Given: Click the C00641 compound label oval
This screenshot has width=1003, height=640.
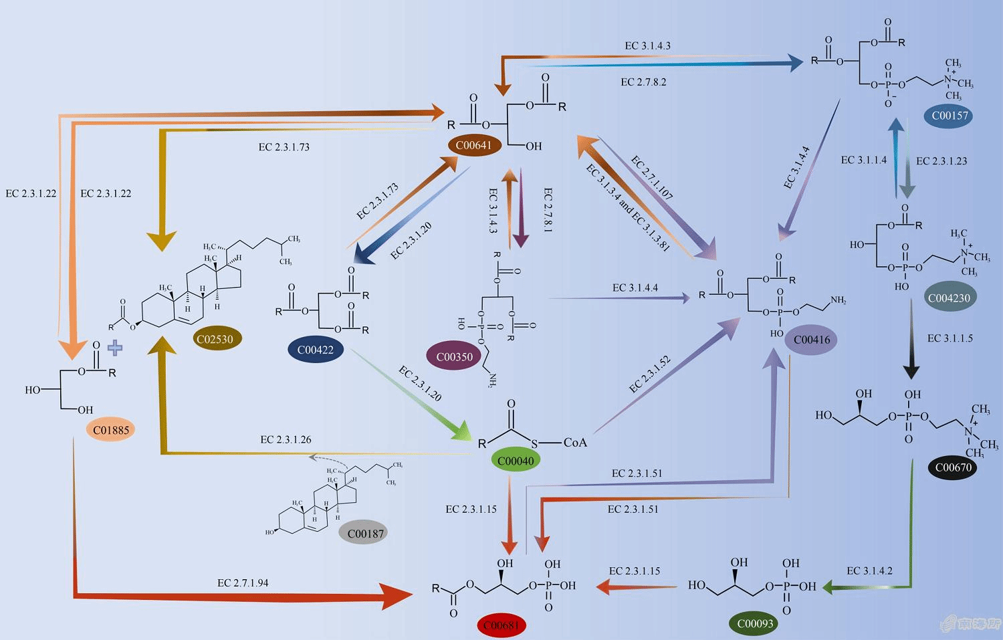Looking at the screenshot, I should (473, 145).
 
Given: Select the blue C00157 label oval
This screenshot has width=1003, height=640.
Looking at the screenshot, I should (950, 116).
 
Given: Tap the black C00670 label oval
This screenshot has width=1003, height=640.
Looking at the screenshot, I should (953, 467).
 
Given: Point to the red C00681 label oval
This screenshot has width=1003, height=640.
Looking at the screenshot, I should (501, 625).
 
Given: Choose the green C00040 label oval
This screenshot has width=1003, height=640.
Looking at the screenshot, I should (516, 461).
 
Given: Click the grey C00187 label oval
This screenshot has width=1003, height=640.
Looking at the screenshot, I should (366, 534).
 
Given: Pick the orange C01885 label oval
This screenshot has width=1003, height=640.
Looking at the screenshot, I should (111, 430).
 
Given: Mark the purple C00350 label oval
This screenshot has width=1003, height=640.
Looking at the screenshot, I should (454, 356).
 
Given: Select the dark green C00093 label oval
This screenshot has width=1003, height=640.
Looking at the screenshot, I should (755, 623).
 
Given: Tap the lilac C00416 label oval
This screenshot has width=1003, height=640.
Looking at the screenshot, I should (811, 340).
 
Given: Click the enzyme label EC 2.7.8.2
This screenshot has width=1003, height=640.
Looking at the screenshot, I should (643, 82).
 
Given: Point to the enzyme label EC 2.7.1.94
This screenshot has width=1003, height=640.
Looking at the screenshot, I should (243, 583).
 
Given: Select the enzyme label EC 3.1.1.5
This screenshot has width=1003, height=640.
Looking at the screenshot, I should (950, 338).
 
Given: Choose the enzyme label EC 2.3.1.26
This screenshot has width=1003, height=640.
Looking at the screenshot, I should (286, 439).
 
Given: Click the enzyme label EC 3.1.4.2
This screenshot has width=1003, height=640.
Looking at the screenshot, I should (869, 570).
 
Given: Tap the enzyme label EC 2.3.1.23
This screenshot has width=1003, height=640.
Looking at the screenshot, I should (941, 161).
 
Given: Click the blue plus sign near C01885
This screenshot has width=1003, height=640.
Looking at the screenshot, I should (115, 348).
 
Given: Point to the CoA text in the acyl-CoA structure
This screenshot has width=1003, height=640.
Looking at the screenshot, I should (575, 442).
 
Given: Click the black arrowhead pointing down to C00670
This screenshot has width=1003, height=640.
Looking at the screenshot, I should (911, 371).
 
